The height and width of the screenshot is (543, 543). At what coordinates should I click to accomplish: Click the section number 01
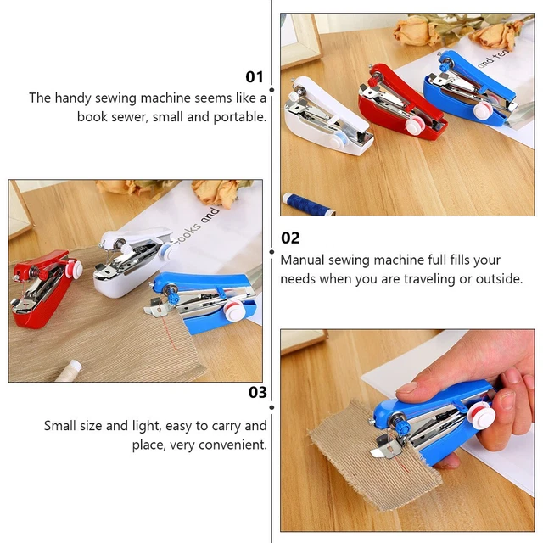tap(255, 76)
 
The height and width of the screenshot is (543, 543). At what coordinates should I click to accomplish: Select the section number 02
tap(290, 238)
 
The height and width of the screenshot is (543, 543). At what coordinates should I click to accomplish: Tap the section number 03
tap(257, 392)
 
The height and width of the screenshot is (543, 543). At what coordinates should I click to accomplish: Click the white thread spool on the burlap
tap(69, 368)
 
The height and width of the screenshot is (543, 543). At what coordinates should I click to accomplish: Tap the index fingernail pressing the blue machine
tap(409, 389)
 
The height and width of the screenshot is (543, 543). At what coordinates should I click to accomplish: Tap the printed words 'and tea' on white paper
tap(496, 60)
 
